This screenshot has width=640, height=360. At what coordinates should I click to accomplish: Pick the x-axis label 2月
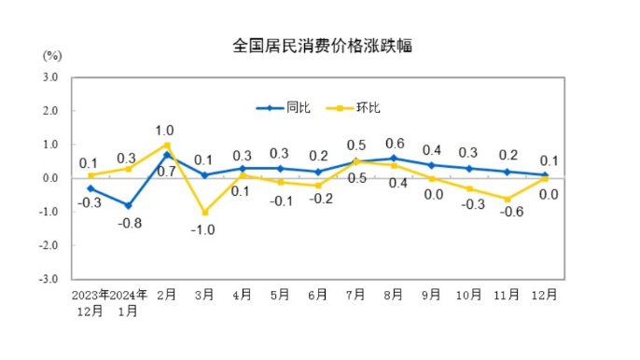(x=166, y=294)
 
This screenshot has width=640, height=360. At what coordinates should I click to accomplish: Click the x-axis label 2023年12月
(x=90, y=302)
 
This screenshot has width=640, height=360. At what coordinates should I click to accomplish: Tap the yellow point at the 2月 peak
(x=166, y=145)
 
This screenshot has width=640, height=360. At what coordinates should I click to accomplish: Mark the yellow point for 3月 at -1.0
(x=204, y=212)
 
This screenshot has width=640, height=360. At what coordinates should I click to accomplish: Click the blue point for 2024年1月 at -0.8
(x=129, y=205)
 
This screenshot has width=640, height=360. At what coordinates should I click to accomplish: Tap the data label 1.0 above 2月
(x=165, y=130)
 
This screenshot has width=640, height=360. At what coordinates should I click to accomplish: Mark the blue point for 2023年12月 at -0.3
(x=90, y=188)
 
